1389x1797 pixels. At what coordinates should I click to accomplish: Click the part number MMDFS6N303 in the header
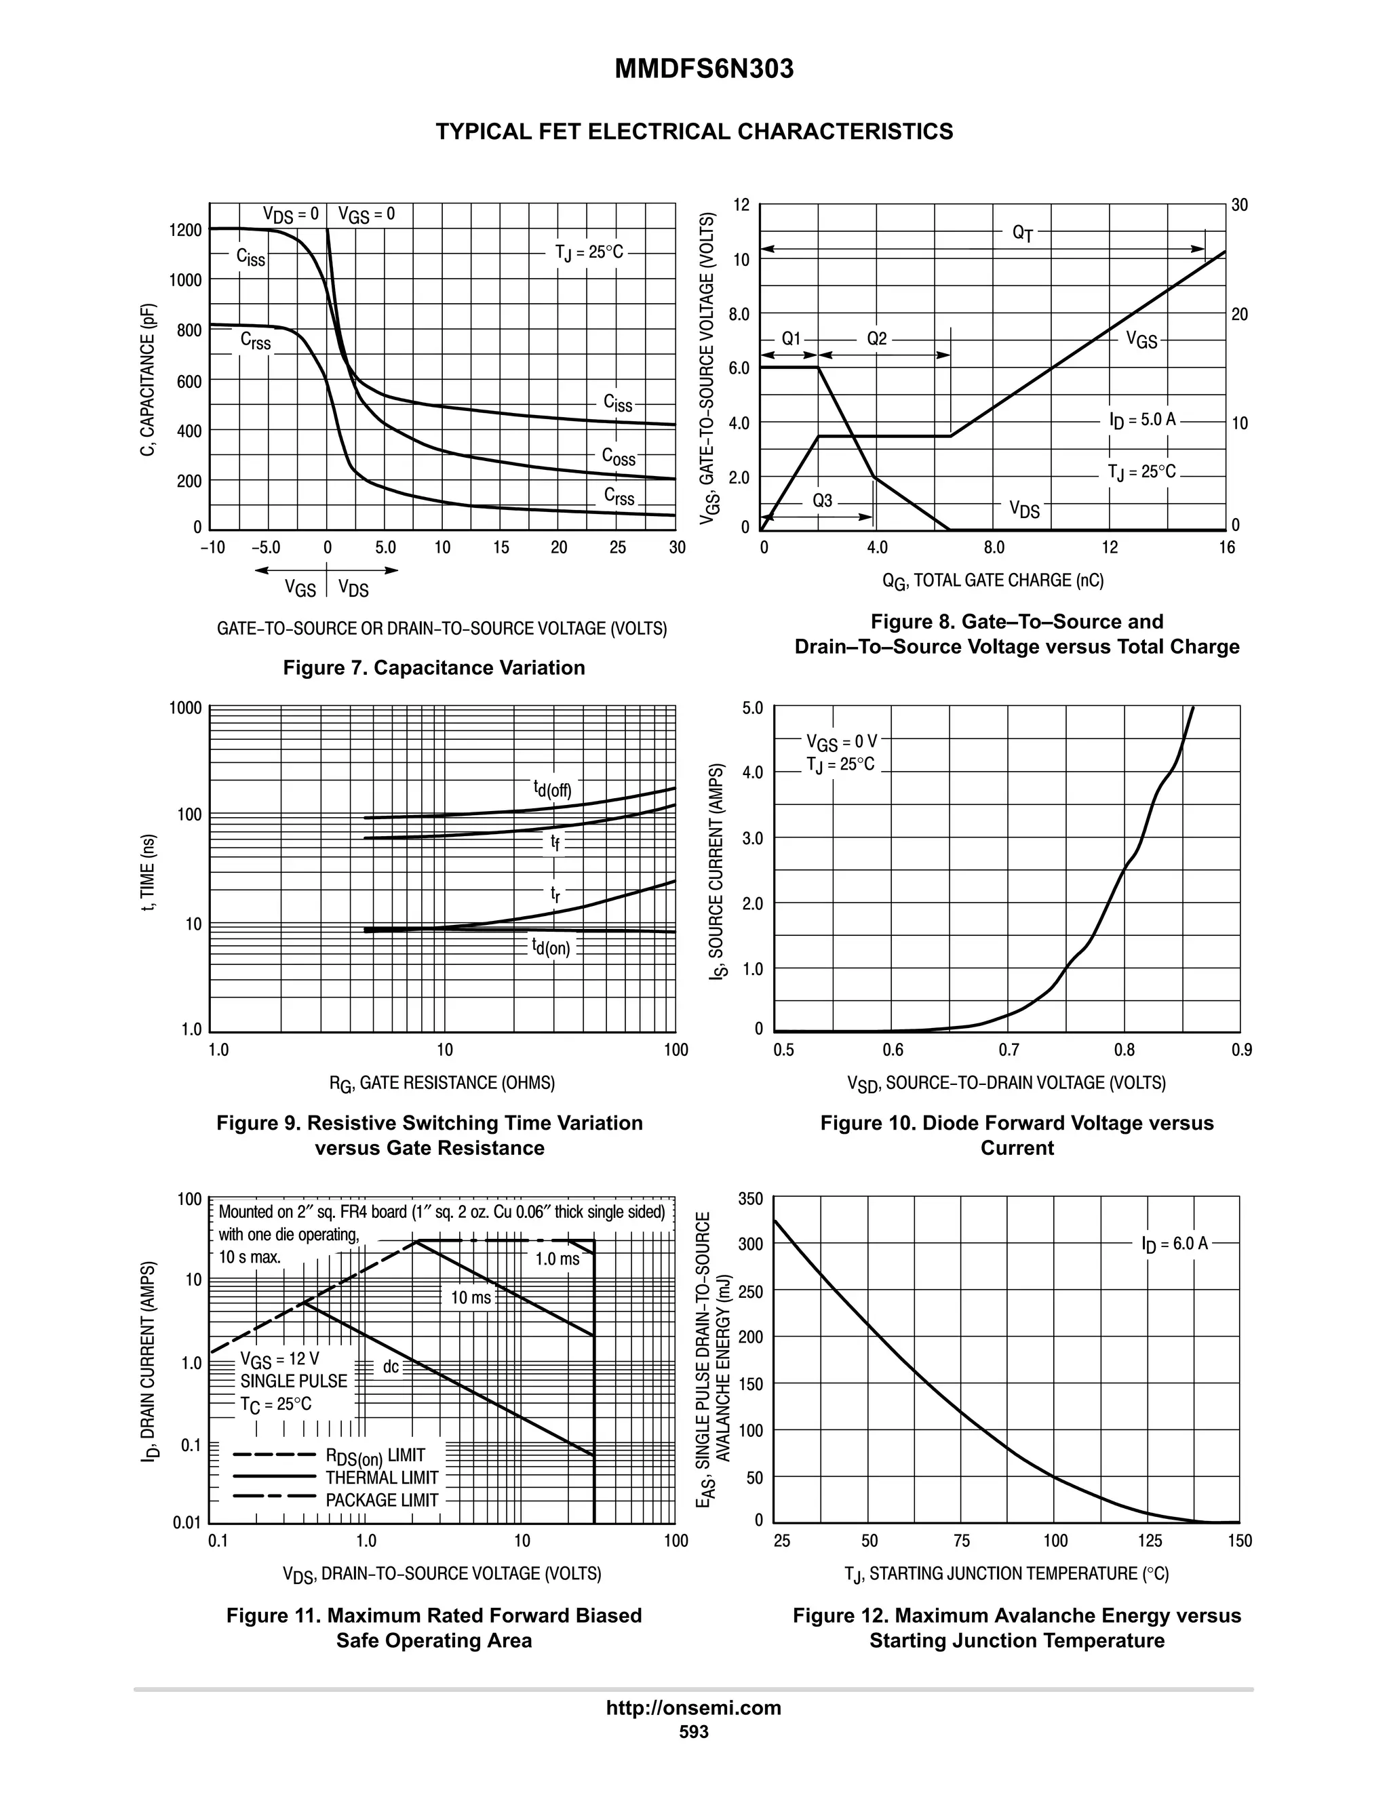(x=703, y=69)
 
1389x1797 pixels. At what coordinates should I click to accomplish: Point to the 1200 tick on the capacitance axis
(x=185, y=230)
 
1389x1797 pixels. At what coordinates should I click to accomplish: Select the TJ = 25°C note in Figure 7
(x=589, y=252)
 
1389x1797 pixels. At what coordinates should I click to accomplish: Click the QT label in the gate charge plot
(x=1023, y=234)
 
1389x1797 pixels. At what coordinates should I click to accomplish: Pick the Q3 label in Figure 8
(x=822, y=500)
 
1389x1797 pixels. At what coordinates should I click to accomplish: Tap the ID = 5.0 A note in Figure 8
(x=1143, y=420)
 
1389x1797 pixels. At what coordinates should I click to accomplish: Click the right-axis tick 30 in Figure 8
(x=1239, y=205)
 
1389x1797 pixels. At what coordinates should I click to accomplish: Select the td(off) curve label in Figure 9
(x=552, y=789)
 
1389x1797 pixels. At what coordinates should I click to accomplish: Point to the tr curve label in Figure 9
(x=555, y=894)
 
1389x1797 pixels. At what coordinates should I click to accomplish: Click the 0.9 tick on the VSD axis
(x=1242, y=1050)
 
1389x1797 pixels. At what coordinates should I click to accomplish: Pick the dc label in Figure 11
(x=391, y=1366)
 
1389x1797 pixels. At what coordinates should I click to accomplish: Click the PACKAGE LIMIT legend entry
(x=382, y=1500)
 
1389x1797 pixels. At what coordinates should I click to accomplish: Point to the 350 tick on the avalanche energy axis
(x=751, y=1199)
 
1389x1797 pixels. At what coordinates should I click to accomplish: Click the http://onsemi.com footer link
(x=693, y=1707)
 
